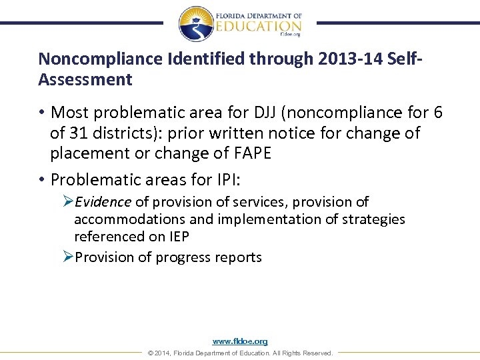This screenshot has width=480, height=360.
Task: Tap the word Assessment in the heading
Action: point(85,80)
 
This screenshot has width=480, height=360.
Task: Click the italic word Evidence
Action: point(103,202)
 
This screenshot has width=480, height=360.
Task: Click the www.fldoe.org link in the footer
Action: point(240,341)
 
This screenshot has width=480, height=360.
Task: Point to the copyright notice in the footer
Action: point(239,353)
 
